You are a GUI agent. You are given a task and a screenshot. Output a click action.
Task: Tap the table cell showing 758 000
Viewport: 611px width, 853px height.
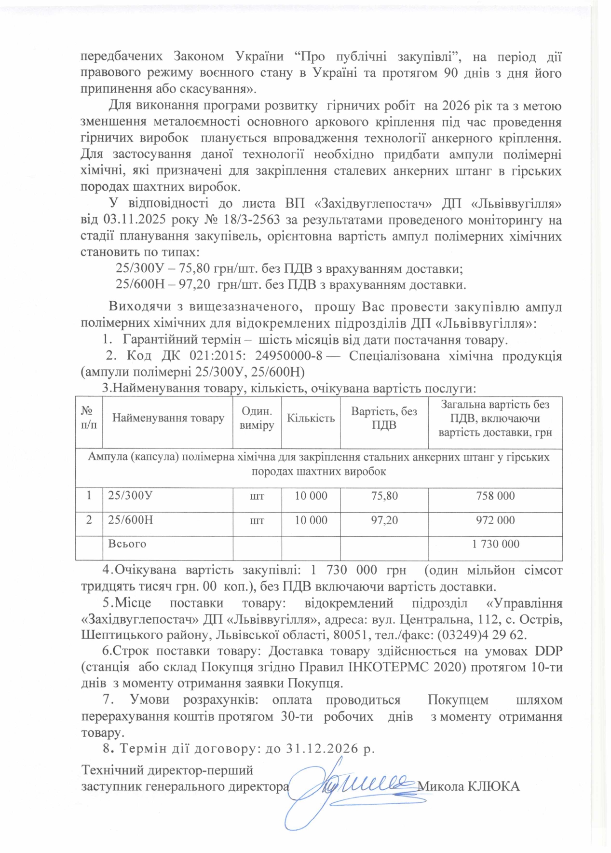[495, 496]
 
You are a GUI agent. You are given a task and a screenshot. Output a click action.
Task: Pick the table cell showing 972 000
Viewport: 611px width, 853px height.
[495, 520]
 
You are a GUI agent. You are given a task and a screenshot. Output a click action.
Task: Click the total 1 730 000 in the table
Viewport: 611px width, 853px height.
[495, 545]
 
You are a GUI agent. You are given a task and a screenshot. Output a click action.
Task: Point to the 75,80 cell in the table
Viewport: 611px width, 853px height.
[384, 496]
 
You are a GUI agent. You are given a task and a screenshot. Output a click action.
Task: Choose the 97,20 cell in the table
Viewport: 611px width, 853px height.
[384, 520]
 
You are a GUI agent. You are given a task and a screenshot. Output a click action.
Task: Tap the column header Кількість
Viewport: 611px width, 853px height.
[311, 418]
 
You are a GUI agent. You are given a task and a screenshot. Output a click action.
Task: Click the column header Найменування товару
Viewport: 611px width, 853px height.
[168, 418]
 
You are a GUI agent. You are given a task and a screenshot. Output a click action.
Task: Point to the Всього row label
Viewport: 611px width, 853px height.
[127, 544]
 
